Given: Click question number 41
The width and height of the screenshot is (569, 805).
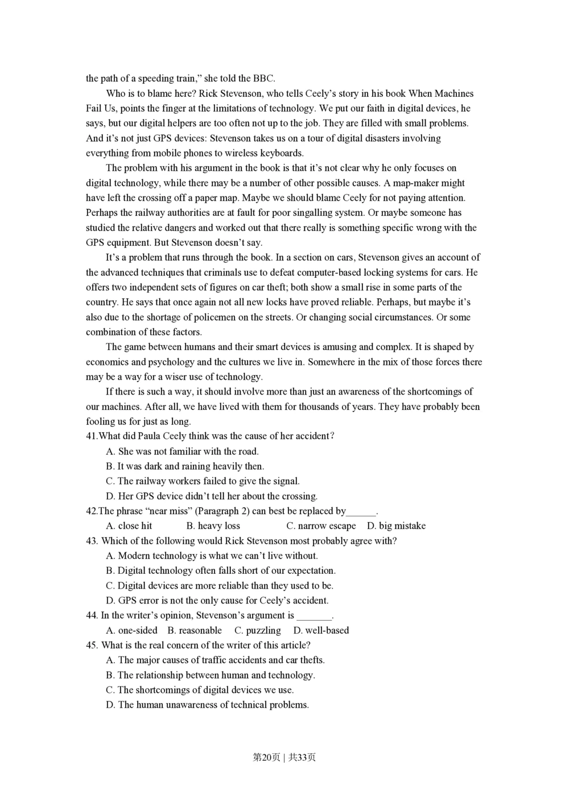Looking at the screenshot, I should coord(92,436).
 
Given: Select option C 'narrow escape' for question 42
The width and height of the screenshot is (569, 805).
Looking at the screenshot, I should coord(321,526).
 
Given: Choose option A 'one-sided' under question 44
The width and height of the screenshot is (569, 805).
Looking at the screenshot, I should coord(131,630).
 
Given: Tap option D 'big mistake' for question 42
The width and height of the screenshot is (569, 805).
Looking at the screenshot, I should coord(396,526).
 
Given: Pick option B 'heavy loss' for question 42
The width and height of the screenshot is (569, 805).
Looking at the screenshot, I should coord(213,526).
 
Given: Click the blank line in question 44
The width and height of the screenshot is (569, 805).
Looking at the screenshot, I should coord(314,616).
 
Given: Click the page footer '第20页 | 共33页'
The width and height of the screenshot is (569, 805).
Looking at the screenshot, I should coord(284,757).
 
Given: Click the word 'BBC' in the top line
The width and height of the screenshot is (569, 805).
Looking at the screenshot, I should coord(263,79).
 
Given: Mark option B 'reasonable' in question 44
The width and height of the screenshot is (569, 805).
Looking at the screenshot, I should coord(195,630).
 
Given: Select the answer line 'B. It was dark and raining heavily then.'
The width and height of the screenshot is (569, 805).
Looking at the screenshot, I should coord(185,466).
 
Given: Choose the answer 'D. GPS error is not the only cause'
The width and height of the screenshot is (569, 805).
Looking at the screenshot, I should coord(217,601).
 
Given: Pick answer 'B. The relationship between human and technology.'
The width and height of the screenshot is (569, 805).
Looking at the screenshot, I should coord(211,675).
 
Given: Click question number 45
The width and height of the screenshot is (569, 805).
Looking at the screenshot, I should coord(92,646).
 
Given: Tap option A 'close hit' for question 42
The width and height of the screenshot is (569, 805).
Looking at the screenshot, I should coord(129,526).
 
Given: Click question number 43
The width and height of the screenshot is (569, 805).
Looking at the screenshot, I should coord(92,541).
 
